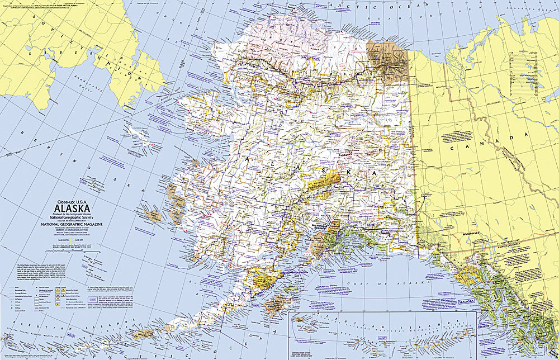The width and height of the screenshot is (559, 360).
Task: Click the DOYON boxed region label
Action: pos(334,135)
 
